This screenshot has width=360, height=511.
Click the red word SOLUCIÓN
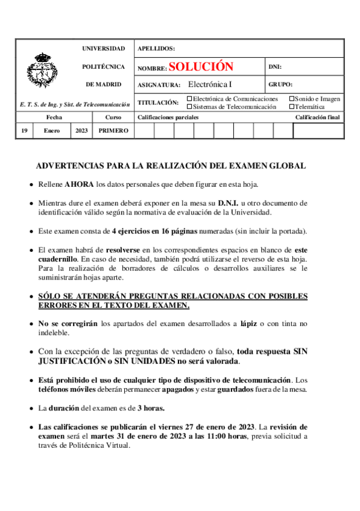click(x=200, y=67)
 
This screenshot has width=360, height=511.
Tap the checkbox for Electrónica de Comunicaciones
click(x=189, y=99)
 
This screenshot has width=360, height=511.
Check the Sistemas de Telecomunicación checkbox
click(x=189, y=107)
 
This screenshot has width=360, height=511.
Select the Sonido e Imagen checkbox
click(x=291, y=99)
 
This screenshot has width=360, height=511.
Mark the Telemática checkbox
click(x=291, y=107)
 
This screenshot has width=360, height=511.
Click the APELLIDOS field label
click(x=156, y=48)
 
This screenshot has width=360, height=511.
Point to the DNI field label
click(x=274, y=67)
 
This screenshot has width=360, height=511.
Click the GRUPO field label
click(x=280, y=85)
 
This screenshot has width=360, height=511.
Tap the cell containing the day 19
click(x=24, y=131)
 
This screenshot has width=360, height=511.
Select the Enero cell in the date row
click(x=51, y=131)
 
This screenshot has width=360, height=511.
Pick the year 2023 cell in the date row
click(x=81, y=131)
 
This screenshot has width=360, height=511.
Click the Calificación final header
click(x=317, y=118)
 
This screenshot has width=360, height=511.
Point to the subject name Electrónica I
click(x=209, y=85)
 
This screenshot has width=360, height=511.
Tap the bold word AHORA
click(x=79, y=184)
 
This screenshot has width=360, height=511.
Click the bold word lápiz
click(x=249, y=323)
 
